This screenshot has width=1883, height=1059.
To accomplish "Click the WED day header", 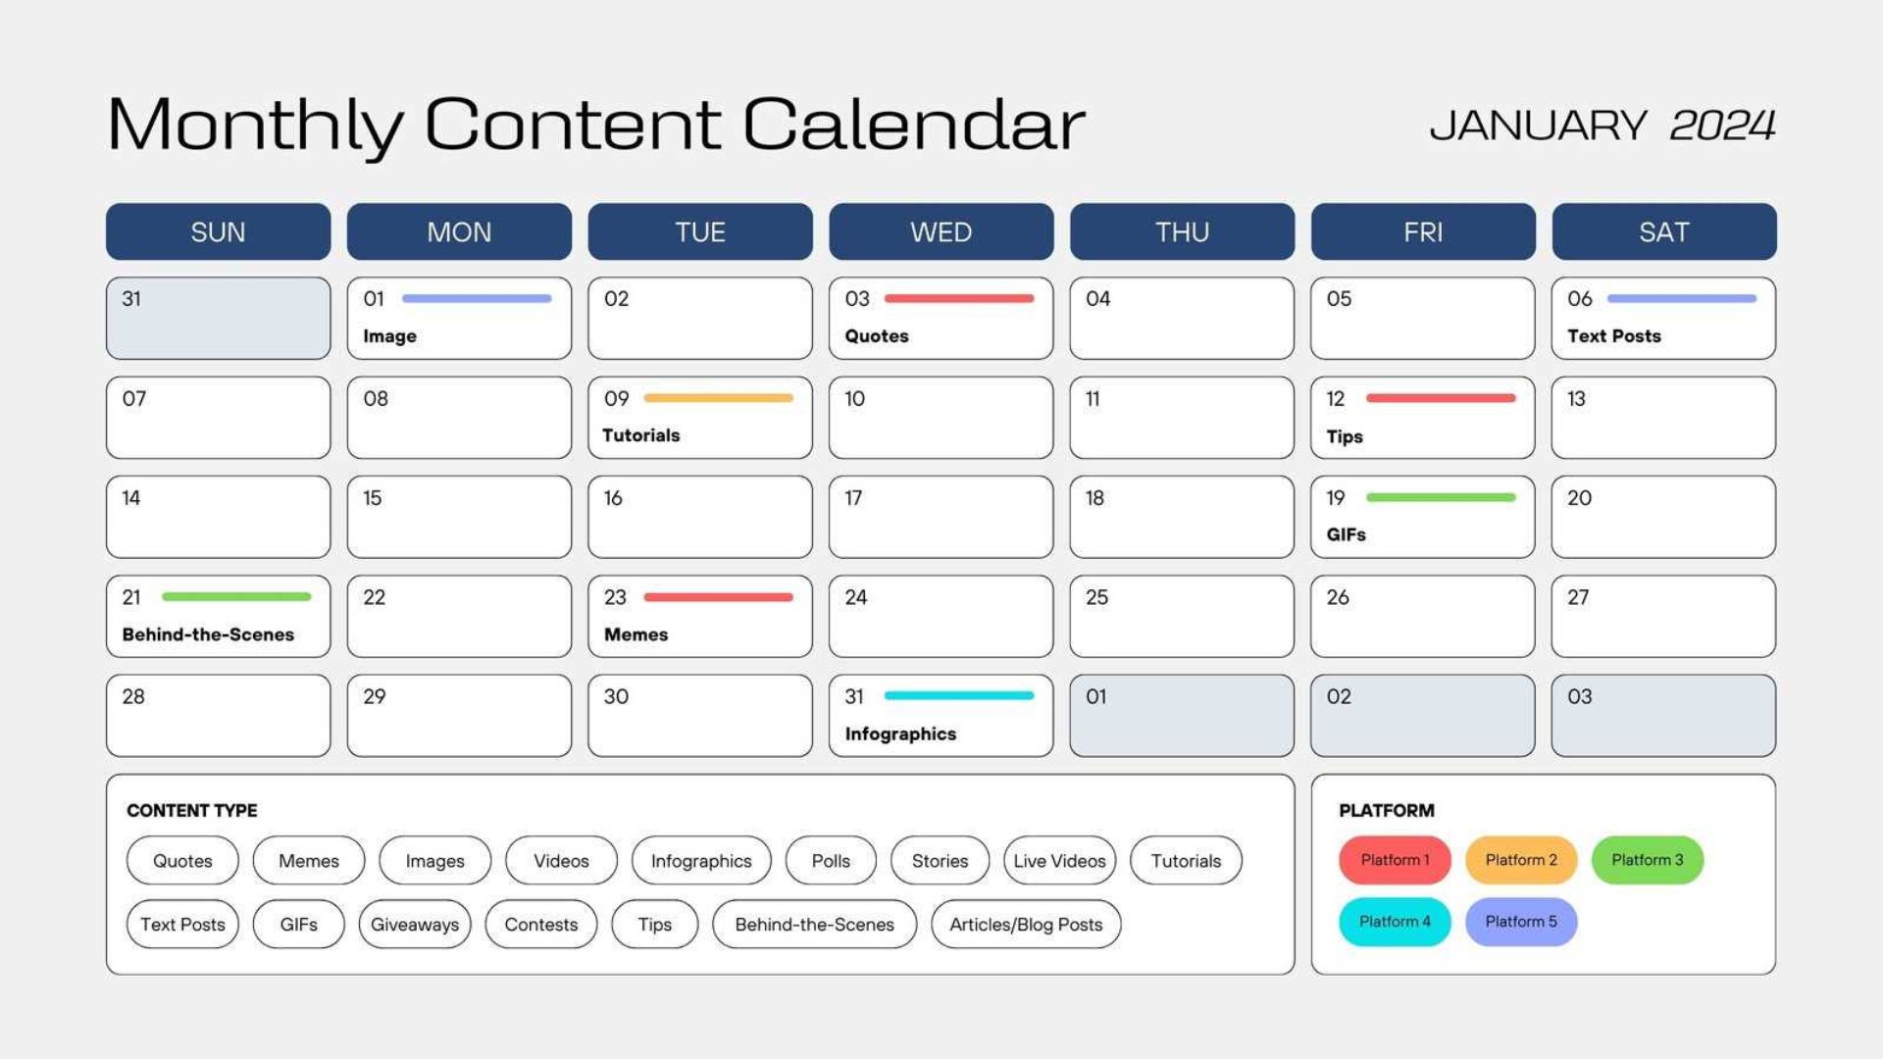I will (941, 232).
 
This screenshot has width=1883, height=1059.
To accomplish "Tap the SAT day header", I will (1663, 232).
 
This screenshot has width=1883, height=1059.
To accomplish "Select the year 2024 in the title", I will (1722, 126).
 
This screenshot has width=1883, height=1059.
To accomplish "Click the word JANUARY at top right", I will (1538, 126).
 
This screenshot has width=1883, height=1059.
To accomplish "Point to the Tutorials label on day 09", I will (640, 435).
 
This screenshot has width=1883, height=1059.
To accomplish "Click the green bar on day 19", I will (1440, 497).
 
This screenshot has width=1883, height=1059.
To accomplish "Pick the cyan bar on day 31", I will (958, 695).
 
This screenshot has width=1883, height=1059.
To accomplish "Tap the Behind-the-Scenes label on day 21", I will (208, 634).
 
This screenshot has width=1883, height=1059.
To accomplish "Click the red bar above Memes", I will (718, 596).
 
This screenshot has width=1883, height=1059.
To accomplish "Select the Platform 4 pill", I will (1394, 922).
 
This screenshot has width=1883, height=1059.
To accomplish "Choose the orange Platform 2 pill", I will (1520, 860).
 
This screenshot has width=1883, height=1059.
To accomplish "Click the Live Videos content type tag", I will (1059, 861).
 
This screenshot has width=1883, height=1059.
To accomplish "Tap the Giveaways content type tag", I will (414, 925).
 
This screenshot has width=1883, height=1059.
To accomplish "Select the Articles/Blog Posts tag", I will (1026, 925).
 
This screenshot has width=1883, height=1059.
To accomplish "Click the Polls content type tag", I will (831, 861).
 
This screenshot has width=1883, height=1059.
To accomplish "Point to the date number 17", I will (853, 498).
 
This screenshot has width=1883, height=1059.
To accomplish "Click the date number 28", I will (133, 696).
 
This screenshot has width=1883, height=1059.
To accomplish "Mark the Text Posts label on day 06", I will (1613, 336).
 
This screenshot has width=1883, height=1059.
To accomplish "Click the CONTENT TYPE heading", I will (192, 811).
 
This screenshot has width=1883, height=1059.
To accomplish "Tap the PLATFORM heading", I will (1386, 811).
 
